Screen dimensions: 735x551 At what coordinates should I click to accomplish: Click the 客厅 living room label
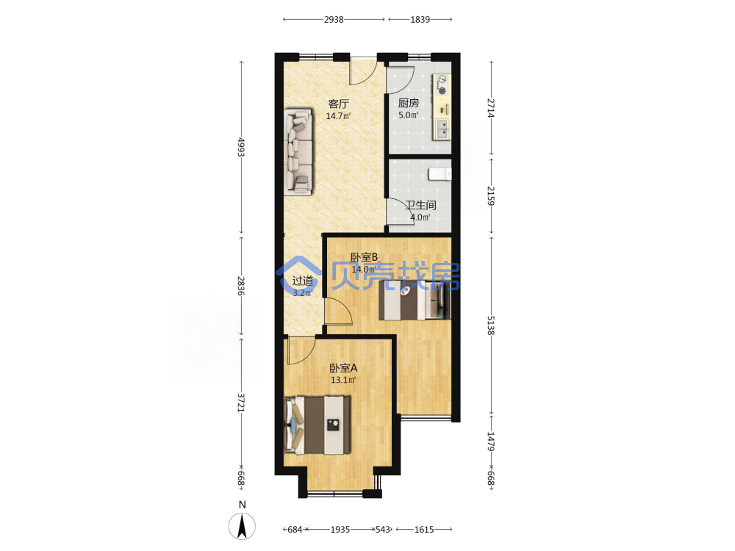(338, 104)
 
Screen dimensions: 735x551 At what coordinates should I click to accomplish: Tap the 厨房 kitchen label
(408, 103)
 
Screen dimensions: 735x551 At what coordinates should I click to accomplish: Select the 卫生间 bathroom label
(421, 205)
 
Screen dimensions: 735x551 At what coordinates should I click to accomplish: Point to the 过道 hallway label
(302, 281)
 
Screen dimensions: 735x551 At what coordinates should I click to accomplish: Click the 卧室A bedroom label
(343, 368)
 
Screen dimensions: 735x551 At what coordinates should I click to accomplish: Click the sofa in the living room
(298, 152)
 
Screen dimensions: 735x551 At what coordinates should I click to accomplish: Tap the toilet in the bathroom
(440, 174)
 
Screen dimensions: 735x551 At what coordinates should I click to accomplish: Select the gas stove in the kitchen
(442, 84)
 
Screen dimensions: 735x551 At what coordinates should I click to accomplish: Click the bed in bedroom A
(318, 425)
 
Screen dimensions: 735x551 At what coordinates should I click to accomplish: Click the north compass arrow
(243, 526)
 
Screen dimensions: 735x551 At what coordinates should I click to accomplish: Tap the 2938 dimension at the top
(334, 20)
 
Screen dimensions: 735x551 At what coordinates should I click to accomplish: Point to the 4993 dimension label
(241, 147)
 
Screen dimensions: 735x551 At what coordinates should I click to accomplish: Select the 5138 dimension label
(491, 325)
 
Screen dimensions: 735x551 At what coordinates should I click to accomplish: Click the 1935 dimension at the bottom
(340, 530)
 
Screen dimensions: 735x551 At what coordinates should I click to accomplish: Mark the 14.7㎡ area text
(338, 116)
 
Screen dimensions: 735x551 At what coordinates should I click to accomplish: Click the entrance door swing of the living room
(364, 71)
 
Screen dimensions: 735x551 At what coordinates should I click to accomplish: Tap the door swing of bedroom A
(301, 350)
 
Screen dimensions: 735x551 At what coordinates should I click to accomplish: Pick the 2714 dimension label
(491, 108)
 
